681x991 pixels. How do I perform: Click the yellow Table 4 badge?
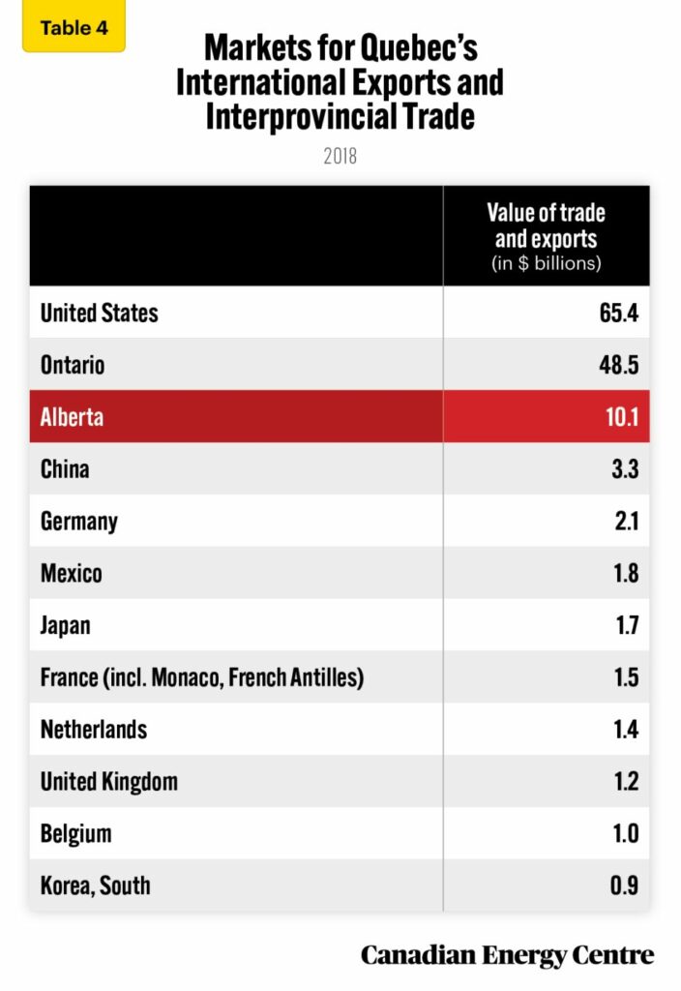coord(74,27)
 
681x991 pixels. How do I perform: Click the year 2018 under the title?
coord(340,155)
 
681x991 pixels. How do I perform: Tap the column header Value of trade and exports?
coord(546,237)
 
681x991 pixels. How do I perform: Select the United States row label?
coord(99,313)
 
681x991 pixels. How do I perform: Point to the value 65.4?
coord(619,313)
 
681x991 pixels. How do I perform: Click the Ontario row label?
coord(73,365)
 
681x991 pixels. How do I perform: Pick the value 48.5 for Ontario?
coord(619,365)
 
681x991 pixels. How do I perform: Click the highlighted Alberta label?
coord(72,417)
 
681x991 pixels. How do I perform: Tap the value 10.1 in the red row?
coord(621,417)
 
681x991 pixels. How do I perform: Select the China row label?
coord(65,469)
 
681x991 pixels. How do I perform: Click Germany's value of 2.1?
coord(626,522)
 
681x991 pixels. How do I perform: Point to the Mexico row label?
coord(71,573)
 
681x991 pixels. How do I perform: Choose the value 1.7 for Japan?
coord(627,625)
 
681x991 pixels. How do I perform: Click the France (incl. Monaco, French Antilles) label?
coord(202,677)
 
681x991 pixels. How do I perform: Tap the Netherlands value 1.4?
coord(626,730)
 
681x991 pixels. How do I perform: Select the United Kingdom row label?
coord(109,781)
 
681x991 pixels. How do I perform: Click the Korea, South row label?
coord(95,886)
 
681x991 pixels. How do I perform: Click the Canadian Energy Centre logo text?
coord(507,955)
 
